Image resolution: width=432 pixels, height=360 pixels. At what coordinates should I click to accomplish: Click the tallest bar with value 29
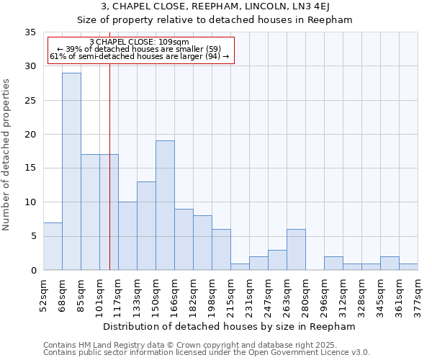71,171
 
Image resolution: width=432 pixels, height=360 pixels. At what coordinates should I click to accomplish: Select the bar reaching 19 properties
165,205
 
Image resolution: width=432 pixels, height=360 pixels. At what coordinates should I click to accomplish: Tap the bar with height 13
146,225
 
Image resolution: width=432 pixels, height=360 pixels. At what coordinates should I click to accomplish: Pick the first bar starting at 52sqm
53,246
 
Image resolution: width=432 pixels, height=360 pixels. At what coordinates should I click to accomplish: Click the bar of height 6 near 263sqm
296,249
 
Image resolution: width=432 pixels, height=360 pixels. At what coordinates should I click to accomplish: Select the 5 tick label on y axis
32,236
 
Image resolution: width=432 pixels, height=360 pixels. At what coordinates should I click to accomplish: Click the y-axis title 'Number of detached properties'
8,154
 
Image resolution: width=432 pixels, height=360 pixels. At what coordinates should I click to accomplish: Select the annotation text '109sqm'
173,42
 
